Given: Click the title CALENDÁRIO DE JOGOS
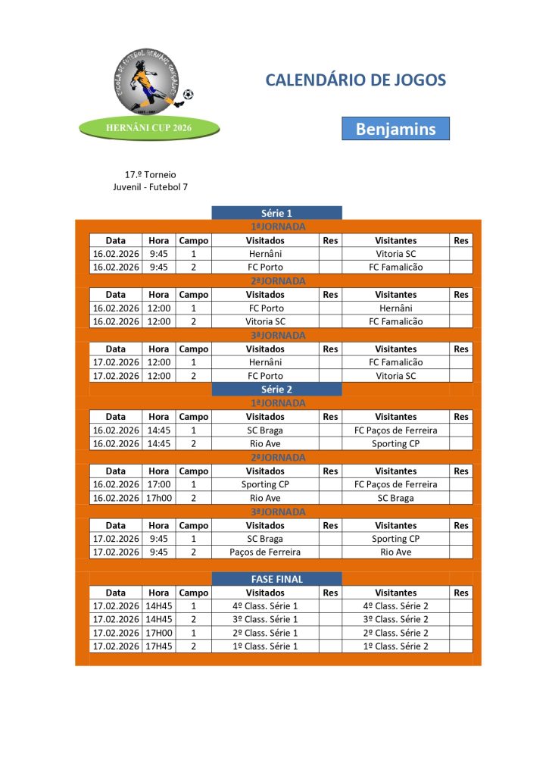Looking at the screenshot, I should [x=355, y=80].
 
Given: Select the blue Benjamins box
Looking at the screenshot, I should [x=395, y=129].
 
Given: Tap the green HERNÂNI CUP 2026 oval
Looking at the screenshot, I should [x=149, y=128].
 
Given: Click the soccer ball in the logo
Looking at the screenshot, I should [x=188, y=95].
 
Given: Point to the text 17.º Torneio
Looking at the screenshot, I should [x=150, y=174].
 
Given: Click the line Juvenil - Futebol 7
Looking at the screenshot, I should [x=150, y=186].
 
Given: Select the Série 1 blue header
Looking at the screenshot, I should [x=276, y=213].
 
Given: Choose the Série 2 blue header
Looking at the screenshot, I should [x=276, y=390].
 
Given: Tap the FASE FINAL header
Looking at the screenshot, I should [x=276, y=579].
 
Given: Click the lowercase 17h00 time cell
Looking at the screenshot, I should [x=159, y=498].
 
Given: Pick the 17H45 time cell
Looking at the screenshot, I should [x=159, y=646].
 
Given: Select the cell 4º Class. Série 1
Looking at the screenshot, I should [x=265, y=606].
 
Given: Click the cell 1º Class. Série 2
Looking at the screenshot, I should [x=395, y=646].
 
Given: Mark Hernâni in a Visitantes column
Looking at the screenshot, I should [x=395, y=308].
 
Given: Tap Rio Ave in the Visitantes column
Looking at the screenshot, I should [x=395, y=552].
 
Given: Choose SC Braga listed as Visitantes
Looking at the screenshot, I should [x=395, y=498].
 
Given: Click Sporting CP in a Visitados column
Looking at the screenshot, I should [x=265, y=484].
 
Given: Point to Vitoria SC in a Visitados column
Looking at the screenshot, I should [x=265, y=321].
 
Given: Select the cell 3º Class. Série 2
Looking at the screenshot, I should [x=395, y=619].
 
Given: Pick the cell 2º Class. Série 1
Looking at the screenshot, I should [x=265, y=633].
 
